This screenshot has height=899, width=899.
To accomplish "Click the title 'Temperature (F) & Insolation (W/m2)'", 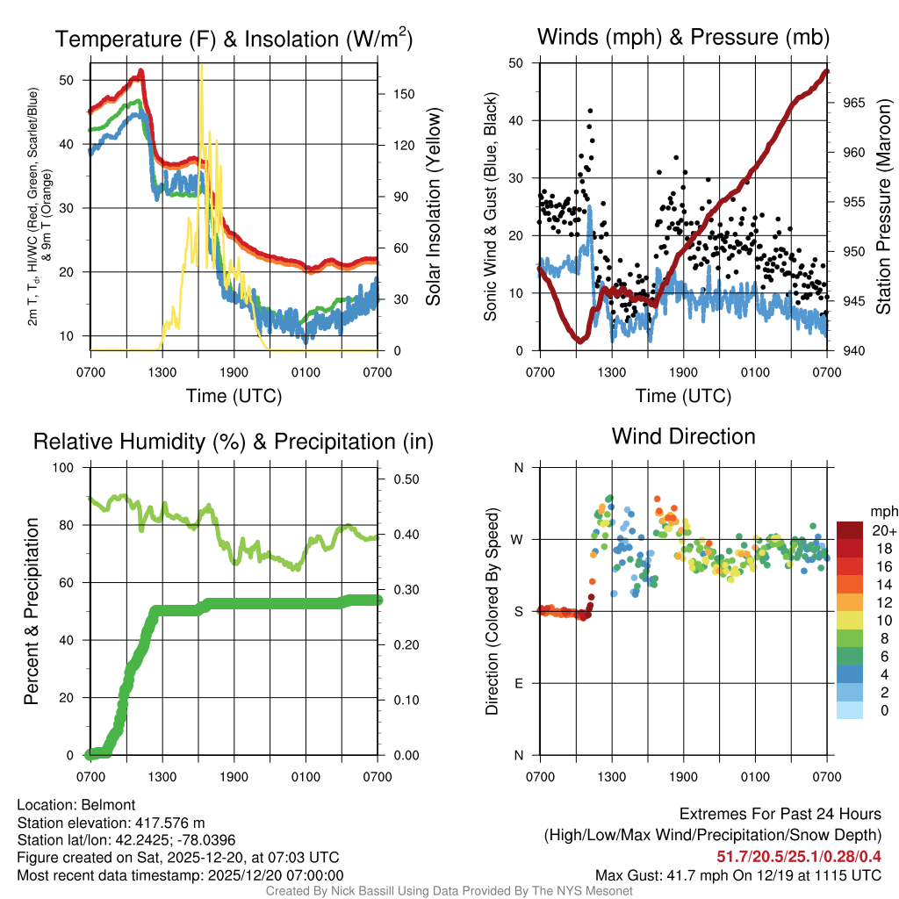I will click(x=233, y=40).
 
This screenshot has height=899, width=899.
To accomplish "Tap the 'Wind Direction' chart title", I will click(x=683, y=436).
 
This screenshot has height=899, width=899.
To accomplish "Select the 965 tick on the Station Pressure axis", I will click(x=853, y=103).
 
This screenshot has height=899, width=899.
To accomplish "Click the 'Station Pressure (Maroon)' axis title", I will click(x=883, y=207).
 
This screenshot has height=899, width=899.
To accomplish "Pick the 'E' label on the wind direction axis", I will click(x=519, y=683).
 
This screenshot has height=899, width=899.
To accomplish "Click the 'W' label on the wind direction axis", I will click(x=518, y=539).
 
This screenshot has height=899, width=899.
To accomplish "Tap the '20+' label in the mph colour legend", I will click(x=884, y=530).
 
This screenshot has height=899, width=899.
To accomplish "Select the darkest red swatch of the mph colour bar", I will click(x=849, y=530).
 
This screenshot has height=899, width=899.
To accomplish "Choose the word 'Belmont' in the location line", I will click(x=105, y=805).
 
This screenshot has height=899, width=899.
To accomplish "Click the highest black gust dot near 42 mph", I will click(x=591, y=111).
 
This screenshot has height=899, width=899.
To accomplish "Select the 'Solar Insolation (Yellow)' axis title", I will click(x=434, y=207).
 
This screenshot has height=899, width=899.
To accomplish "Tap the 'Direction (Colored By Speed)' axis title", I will click(x=493, y=611).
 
